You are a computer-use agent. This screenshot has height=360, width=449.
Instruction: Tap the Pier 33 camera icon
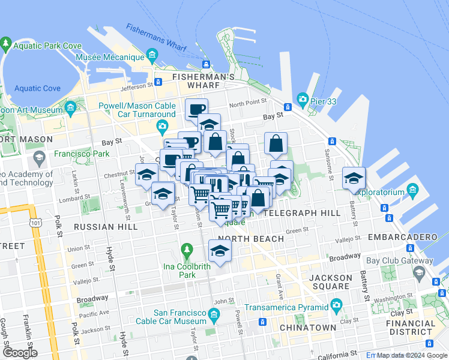tap(302, 99)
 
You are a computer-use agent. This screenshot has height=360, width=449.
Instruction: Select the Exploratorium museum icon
tap(412, 192)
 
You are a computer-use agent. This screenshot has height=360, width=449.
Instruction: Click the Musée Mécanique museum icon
tap(152, 58)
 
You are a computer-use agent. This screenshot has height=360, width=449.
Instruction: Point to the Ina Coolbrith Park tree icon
tap(187, 249)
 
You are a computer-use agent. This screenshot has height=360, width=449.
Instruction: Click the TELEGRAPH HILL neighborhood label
tap(302, 213)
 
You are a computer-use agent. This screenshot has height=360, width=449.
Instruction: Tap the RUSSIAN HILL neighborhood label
tap(98, 227)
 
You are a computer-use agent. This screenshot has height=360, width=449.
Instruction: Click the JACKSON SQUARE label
tap(331, 282)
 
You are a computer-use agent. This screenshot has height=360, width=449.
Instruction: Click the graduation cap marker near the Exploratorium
tap(354, 177)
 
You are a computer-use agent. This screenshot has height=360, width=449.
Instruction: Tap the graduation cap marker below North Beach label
tap(220, 250)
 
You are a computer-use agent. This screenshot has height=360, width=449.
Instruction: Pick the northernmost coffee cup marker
tap(196, 109)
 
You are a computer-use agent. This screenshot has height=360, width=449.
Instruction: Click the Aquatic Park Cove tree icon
tap(6, 44)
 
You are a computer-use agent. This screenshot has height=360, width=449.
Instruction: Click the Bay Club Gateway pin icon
tap(419, 274)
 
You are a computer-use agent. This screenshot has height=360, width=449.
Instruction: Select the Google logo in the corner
tap(20, 353)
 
